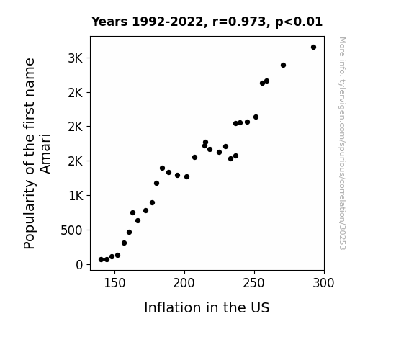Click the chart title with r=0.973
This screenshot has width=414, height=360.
click(x=207, y=22)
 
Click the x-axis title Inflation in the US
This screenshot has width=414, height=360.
click(x=207, y=307)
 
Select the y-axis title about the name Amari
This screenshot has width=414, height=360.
click(x=37, y=153)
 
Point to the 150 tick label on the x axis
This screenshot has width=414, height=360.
click(x=114, y=283)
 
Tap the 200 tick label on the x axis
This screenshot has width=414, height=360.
click(x=184, y=283)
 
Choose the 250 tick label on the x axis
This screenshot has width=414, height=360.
click(x=254, y=283)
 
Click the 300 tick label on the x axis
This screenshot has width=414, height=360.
click(x=324, y=283)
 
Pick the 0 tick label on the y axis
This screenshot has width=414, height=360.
click(x=79, y=265)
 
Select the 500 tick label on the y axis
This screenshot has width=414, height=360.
click(x=72, y=230)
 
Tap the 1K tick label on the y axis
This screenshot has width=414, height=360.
click(x=76, y=196)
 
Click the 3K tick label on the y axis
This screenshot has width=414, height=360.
click(x=76, y=58)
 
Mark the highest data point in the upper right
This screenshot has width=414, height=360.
click(x=313, y=48)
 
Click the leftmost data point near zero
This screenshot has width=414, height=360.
click(x=101, y=260)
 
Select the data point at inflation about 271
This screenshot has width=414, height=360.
click(x=283, y=66)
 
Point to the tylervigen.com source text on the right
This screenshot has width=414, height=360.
click(x=342, y=143)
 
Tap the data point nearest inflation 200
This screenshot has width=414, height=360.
click(x=186, y=176)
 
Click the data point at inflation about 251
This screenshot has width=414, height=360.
click(x=256, y=117)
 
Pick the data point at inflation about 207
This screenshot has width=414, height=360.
click(x=194, y=158)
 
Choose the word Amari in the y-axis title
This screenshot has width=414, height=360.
click(x=45, y=154)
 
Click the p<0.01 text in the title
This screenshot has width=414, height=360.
click(x=299, y=22)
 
